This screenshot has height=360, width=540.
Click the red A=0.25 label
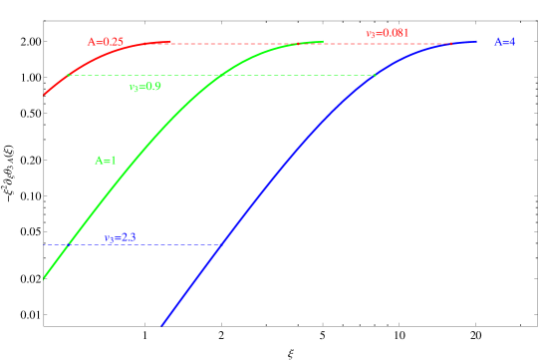[106, 42]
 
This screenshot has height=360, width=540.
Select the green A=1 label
[106, 160]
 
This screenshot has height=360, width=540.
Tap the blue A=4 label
[504, 42]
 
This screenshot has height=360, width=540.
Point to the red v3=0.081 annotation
[387, 34]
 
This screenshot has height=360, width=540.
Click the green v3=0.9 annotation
[145, 87]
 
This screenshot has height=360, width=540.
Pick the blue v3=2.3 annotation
[120, 238]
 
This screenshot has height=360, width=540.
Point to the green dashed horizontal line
[219, 75]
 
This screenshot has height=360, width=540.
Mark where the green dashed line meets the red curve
[68, 75]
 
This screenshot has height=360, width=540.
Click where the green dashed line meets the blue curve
[375, 75]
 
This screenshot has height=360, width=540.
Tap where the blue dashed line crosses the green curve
[68, 244]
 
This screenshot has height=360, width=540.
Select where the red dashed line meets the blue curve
[450, 44]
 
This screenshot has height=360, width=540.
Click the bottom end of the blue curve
[162, 324]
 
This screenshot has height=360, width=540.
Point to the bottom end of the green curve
[45, 279]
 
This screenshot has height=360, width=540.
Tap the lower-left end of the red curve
[45, 95]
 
